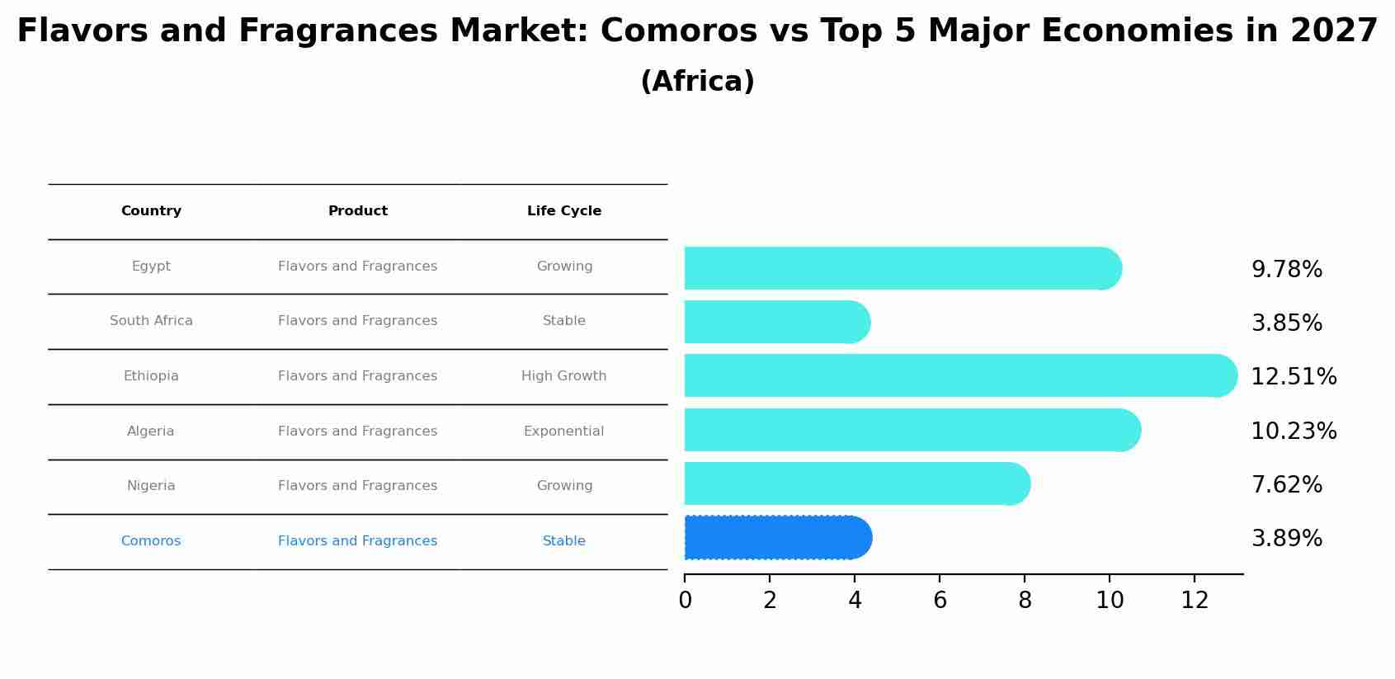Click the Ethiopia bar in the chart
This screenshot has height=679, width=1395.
[x=949, y=375]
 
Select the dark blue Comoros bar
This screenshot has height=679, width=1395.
[x=775, y=538]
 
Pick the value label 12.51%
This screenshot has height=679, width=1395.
[x=1294, y=377]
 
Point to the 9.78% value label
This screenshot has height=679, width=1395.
[x=1286, y=270]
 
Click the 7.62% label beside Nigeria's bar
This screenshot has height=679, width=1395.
[x=1286, y=485]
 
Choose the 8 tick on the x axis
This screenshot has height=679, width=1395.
[x=1025, y=601]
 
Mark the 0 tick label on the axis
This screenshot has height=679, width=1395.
[x=685, y=601]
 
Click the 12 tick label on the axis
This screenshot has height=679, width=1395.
[x=1195, y=601]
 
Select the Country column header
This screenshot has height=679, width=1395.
[x=151, y=211]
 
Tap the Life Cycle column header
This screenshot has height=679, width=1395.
[x=564, y=211]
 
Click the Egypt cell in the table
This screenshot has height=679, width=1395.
[x=151, y=266]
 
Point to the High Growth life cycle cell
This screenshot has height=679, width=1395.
[x=564, y=376]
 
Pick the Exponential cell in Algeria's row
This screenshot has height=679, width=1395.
[x=564, y=431]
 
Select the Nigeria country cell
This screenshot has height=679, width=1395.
[x=151, y=486]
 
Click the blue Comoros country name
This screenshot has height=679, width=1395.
[x=151, y=541]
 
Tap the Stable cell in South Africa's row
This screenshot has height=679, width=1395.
[x=564, y=321]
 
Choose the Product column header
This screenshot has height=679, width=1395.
[x=358, y=211]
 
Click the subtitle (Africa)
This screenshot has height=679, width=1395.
[x=697, y=82]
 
